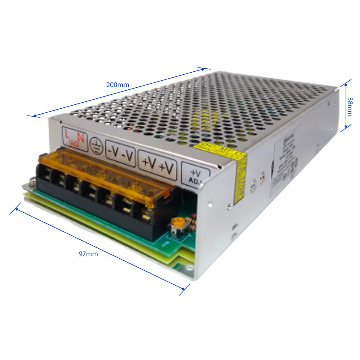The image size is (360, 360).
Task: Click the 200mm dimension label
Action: pos(118,85)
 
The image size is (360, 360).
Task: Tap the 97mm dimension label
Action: pos(88,254)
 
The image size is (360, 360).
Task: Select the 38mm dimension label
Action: pos(350,106)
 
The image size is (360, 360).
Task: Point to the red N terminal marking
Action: pos(80,138)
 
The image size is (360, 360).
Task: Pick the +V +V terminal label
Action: pos(157,165)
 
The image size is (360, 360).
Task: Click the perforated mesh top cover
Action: pos(210,111)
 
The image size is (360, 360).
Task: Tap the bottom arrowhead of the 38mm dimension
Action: pos(346,127)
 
